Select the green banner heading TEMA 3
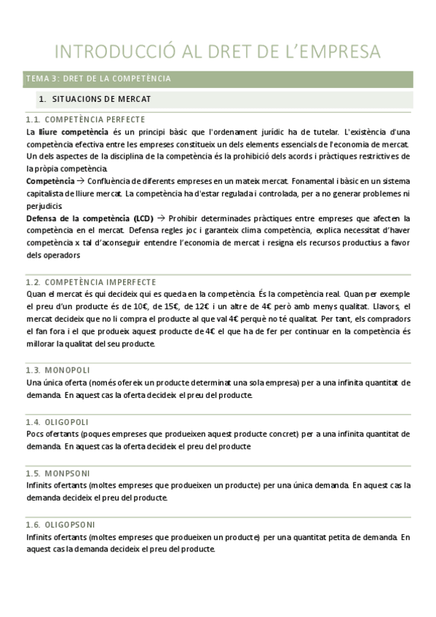point(98,79)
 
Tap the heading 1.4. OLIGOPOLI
point(57,422)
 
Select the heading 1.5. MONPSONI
point(58,473)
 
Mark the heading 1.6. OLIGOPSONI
point(60,525)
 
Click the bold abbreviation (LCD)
point(143,218)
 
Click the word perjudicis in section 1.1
point(44,205)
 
